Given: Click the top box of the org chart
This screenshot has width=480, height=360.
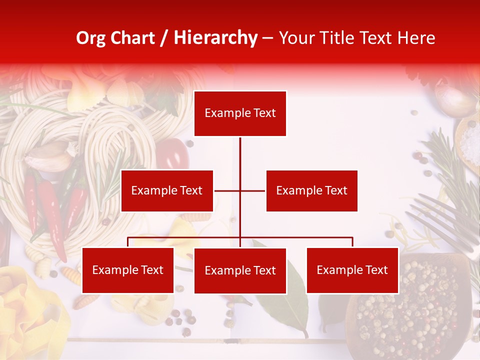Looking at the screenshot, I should pyautogui.click(x=240, y=113).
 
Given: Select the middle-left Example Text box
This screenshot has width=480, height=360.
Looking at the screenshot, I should pyautogui.click(x=167, y=190).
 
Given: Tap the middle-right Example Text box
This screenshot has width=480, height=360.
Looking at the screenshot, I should pyautogui.click(x=311, y=190).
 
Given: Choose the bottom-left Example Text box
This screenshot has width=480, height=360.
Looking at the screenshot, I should pyautogui.click(x=128, y=270).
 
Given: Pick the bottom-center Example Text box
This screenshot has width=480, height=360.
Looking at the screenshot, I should pyautogui.click(x=240, y=270).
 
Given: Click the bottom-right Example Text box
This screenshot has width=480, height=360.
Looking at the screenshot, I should pyautogui.click(x=352, y=270).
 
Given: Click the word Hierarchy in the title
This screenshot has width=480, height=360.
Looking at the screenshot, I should pyautogui.click(x=215, y=38).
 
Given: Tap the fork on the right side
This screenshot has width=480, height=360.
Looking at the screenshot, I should pyautogui.click(x=445, y=220).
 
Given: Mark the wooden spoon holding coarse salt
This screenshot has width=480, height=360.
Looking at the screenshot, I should pyautogui.click(x=468, y=140).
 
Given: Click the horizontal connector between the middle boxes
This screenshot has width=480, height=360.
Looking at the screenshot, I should pyautogui.click(x=240, y=190).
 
